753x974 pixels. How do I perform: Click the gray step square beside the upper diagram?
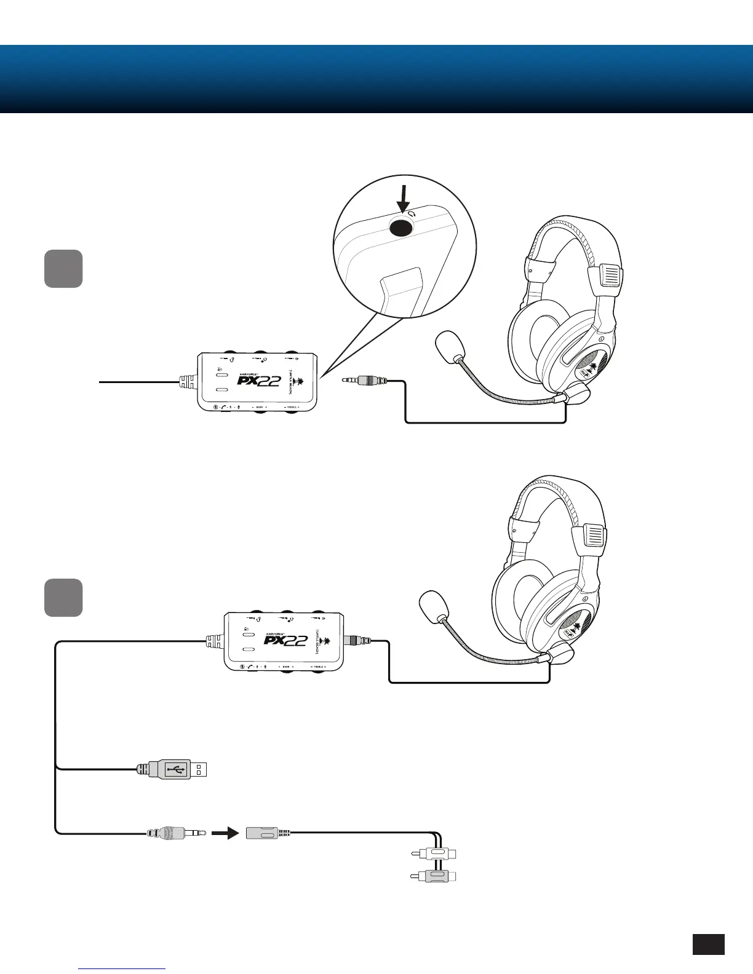coord(63,269)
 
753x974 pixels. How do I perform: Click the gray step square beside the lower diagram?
coord(63,597)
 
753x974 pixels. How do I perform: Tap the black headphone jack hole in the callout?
coord(400,228)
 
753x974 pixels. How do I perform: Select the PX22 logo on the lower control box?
coord(286,640)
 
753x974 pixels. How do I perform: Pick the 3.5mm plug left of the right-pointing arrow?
coord(175,834)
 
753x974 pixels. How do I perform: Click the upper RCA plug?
coord(434,853)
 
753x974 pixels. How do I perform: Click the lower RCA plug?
coord(434,876)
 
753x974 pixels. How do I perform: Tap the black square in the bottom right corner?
coord(708,944)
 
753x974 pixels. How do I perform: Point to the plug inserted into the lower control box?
coord(360,641)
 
